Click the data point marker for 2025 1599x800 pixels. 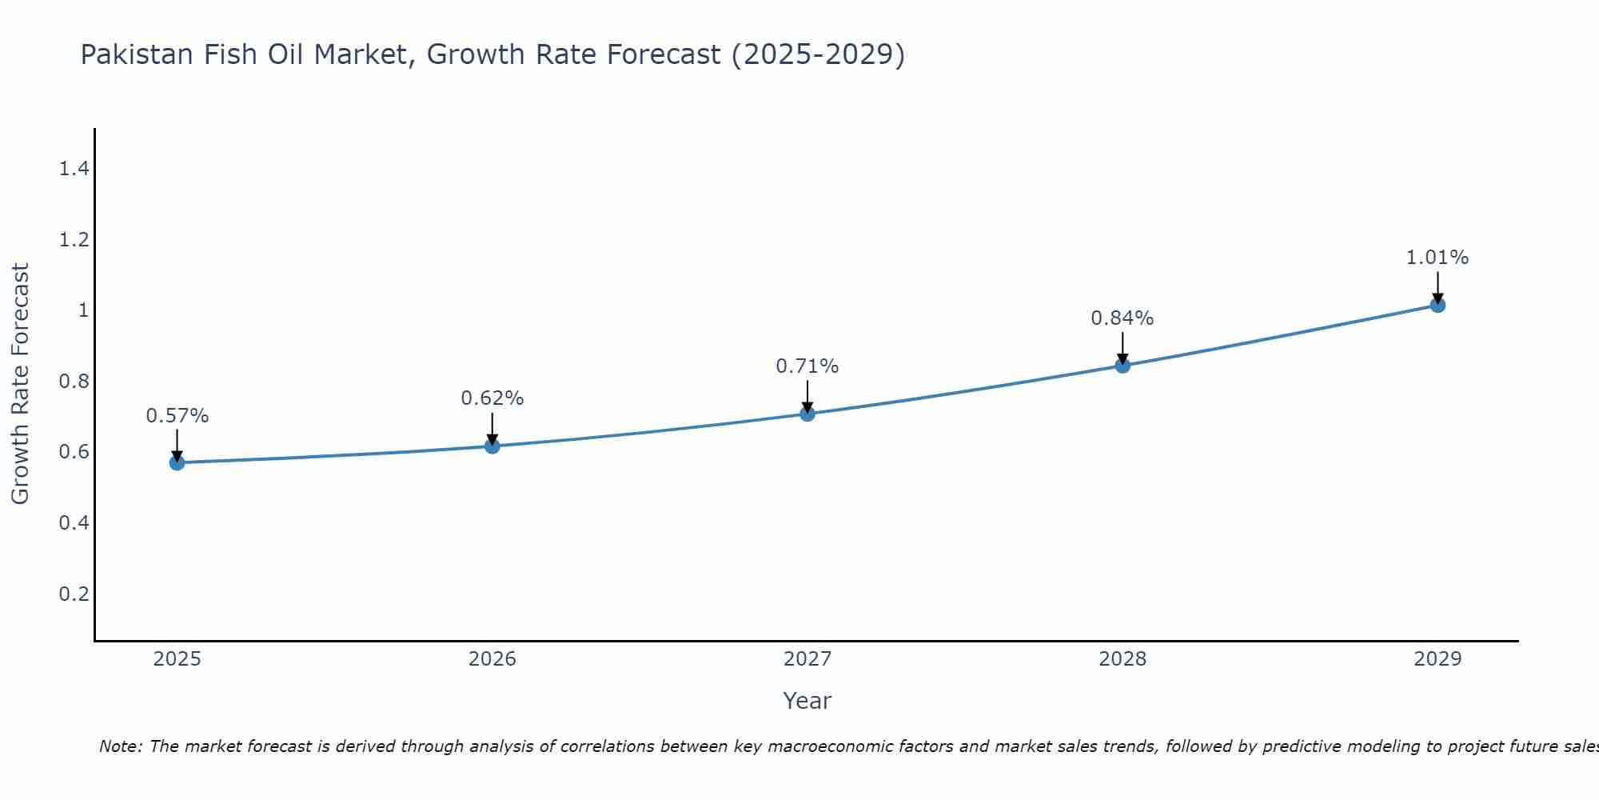(177, 462)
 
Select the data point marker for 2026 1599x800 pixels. (492, 446)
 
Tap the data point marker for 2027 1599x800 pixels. (807, 414)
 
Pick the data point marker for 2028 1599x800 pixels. (1122, 366)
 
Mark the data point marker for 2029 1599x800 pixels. (1438, 305)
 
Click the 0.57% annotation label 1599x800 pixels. (177, 416)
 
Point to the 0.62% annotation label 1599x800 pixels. (492, 398)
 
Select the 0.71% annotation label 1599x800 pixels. (807, 366)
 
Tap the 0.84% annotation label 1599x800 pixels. (1122, 318)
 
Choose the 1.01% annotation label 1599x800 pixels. (1438, 258)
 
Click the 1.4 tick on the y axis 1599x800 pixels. (74, 169)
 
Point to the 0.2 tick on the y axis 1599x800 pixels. (74, 594)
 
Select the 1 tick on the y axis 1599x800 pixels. (83, 310)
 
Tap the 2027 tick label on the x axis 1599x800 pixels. (807, 659)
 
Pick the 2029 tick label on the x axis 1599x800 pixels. (1438, 659)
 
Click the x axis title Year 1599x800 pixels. (807, 701)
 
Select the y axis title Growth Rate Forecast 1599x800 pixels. (20, 384)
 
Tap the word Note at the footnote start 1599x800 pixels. (119, 746)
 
